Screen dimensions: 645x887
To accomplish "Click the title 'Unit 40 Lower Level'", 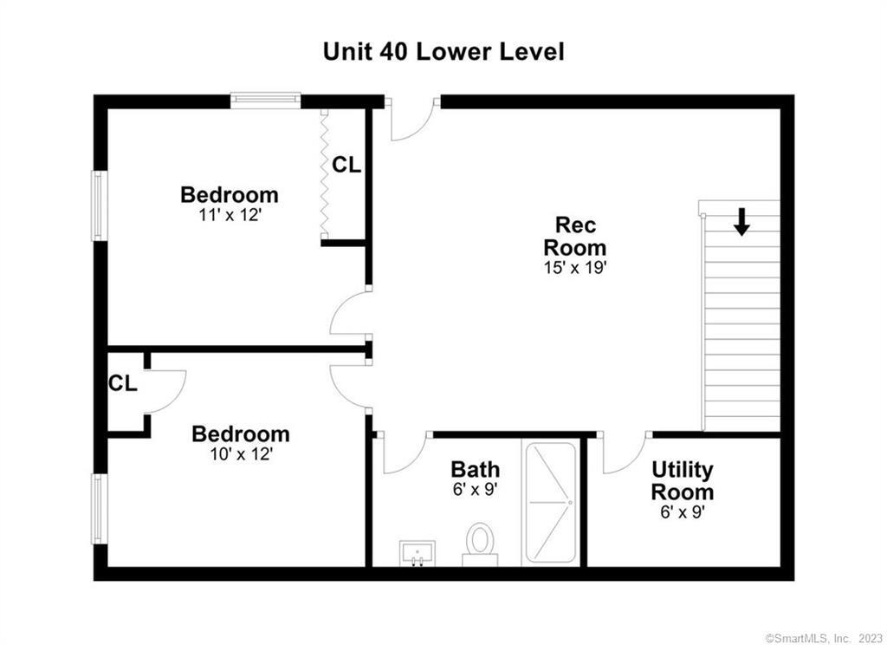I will [443, 51].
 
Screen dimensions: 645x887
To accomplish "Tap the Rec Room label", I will [575, 236].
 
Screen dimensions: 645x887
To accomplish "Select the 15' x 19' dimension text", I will [575, 268].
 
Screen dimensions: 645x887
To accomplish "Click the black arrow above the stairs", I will [741, 221].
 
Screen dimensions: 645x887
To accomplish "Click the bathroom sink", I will [418, 552].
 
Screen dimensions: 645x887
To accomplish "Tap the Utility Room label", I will [683, 481].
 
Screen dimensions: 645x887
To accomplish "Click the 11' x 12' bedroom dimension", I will [229, 213].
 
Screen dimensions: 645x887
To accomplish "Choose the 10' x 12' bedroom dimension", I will [240, 453].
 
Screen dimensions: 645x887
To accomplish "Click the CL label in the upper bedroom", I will [346, 165].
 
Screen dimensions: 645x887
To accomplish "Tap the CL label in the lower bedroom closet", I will [122, 383].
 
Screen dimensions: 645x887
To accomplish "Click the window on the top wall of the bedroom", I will [265, 101].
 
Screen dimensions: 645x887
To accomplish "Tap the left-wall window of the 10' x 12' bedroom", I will [100, 508].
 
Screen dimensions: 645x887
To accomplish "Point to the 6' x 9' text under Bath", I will [475, 490].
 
